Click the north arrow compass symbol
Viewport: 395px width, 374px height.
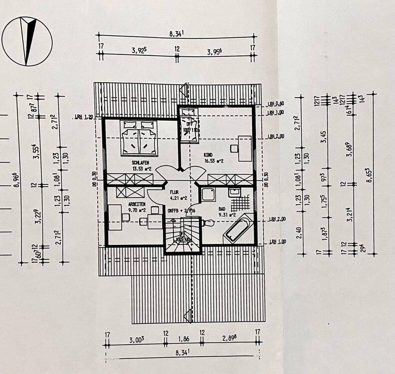(x=27, y=41)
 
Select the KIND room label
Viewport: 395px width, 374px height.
(x=207, y=155)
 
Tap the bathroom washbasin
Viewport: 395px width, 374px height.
(x=234, y=191)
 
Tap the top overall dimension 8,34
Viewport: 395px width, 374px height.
(x=177, y=34)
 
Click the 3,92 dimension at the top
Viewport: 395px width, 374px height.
(x=139, y=50)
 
